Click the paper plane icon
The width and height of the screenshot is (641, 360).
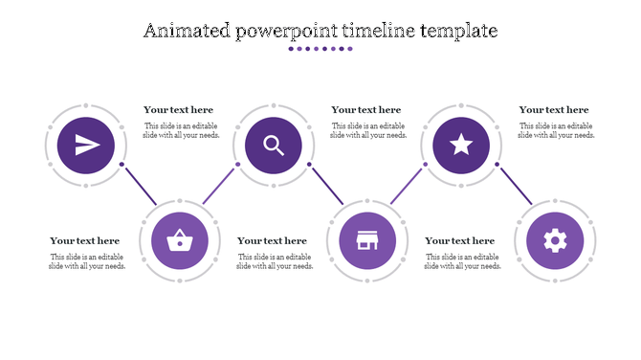pyautogui.click(x=86, y=146)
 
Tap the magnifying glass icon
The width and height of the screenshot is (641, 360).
pyautogui.click(x=274, y=146)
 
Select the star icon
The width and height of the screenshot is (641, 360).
pyautogui.click(x=461, y=146)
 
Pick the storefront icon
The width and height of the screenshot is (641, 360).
pyautogui.click(x=367, y=240)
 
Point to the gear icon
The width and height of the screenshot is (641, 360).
pyautogui.click(x=555, y=240)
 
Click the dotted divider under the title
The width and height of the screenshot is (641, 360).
pyautogui.click(x=320, y=49)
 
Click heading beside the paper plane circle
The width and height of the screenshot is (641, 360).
pyautogui.click(x=179, y=110)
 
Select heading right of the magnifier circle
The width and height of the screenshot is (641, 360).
pyautogui.click(x=366, y=110)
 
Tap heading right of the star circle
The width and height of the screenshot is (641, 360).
pyautogui.click(x=554, y=110)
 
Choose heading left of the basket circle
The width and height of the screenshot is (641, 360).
pyautogui.click(x=85, y=241)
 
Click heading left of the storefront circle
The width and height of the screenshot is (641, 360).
pyautogui.click(x=273, y=241)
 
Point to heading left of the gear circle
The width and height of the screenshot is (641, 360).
pyautogui.click(x=460, y=241)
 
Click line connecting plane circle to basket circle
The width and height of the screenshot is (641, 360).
pyautogui.click(x=140, y=184)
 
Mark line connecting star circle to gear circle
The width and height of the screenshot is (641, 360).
pyautogui.click(x=516, y=184)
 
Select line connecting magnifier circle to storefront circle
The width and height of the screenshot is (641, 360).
pyautogui.click(x=328, y=184)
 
